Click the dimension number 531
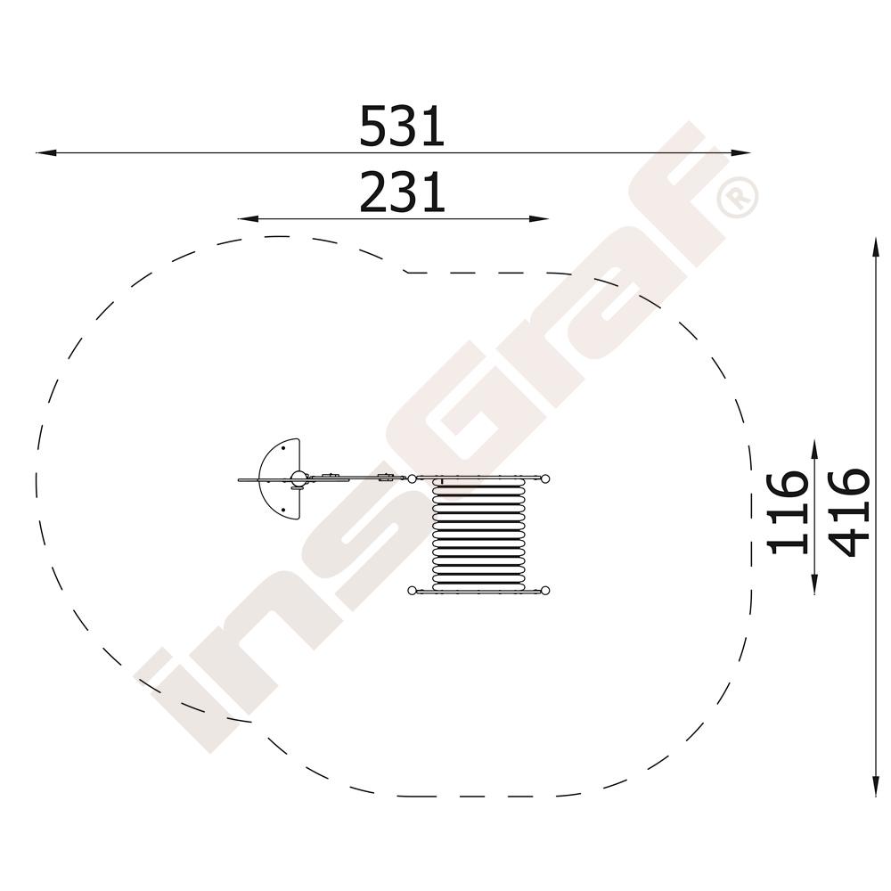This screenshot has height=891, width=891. pyautogui.click(x=402, y=126)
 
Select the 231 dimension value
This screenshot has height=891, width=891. pyautogui.click(x=402, y=192)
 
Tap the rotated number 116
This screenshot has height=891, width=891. pyautogui.click(x=788, y=512)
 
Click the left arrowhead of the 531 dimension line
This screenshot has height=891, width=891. pyautogui.click(x=45, y=153)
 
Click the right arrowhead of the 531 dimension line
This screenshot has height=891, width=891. pyautogui.click(x=740, y=153)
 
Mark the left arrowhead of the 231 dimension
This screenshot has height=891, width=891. pyautogui.click(x=248, y=219)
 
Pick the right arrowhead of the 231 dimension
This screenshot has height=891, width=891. pyautogui.click(x=539, y=219)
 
